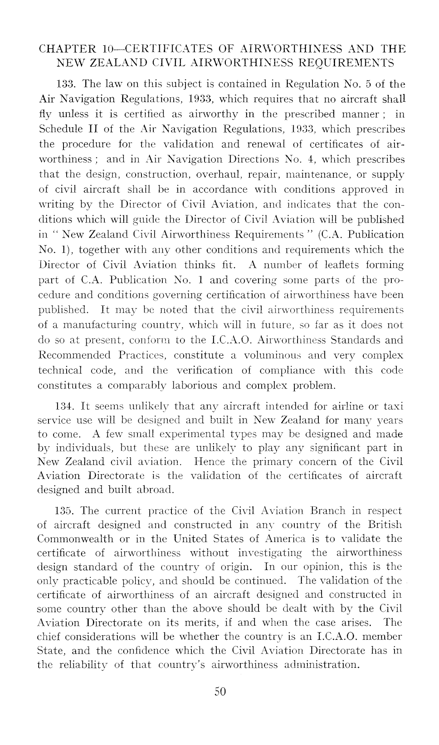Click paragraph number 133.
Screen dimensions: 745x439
(62, 85)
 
